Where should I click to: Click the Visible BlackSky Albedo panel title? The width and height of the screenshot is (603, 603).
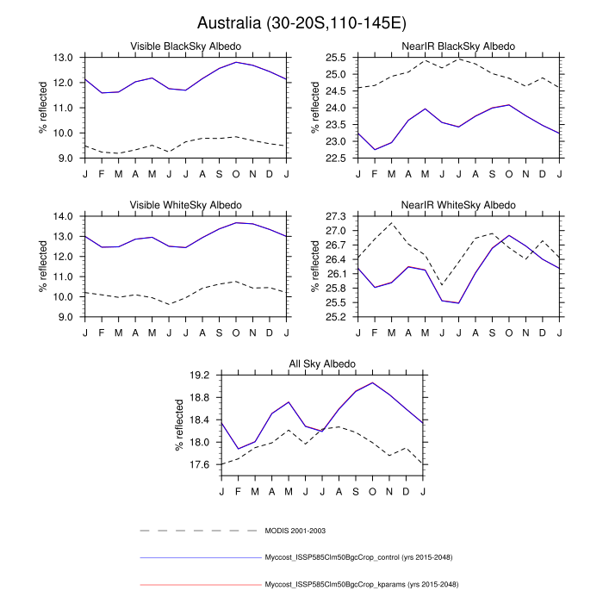(185, 46)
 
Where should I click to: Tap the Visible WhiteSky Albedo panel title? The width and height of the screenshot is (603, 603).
(185, 204)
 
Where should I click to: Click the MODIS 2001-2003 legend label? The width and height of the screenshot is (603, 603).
(295, 531)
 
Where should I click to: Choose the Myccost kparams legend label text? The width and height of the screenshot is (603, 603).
(361, 584)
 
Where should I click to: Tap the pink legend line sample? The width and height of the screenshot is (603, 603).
(199, 584)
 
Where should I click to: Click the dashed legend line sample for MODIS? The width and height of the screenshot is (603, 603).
(199, 531)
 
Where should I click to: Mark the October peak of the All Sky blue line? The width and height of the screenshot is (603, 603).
(373, 383)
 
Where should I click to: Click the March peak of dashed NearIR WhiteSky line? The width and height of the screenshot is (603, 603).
(392, 223)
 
